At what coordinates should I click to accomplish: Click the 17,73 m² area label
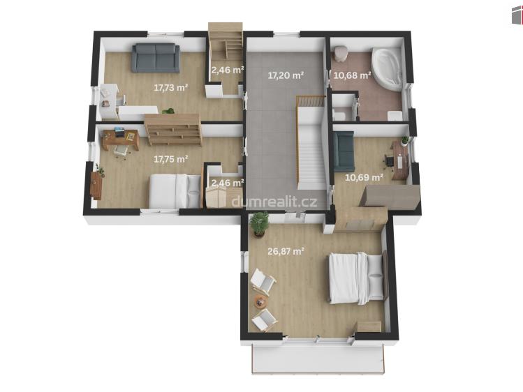tap(171, 88)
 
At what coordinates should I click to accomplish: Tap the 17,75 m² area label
tap(171, 159)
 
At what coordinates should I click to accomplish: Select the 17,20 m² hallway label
tap(286, 75)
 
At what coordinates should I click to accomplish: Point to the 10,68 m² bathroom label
tap(353, 75)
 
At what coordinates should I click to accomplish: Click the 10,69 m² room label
tap(364, 177)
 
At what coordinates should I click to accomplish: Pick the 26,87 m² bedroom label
tap(286, 251)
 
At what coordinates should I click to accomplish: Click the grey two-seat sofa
tap(156, 58)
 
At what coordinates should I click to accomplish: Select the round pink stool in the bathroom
tap(341, 53)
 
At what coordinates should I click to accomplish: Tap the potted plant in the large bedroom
tap(259, 224)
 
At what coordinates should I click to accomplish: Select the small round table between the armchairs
tap(260, 302)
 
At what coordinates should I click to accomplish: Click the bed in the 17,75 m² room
tap(175, 191)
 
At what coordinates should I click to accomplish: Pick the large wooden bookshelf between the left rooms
tap(173, 130)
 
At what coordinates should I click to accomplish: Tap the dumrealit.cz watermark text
tap(274, 202)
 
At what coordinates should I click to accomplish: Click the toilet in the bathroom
tap(339, 114)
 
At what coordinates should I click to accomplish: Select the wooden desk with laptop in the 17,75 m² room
tap(121, 139)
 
